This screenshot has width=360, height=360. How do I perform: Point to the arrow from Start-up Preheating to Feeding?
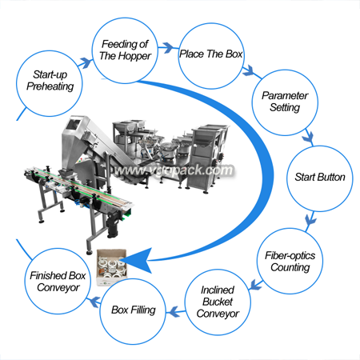pos(86,63)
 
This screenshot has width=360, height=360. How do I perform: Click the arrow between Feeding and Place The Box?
pos(168,48)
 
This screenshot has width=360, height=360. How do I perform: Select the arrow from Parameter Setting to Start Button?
pos(309,138)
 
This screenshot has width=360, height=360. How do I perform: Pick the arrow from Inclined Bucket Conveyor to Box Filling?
pos(175,312)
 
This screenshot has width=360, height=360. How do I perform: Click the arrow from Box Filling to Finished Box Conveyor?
pos(95,302)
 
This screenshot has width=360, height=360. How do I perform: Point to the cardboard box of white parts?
pos(112,267)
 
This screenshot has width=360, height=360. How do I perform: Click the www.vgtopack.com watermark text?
pos(174,170)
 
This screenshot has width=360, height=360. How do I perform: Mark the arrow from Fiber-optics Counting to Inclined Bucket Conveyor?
pos(256,285)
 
